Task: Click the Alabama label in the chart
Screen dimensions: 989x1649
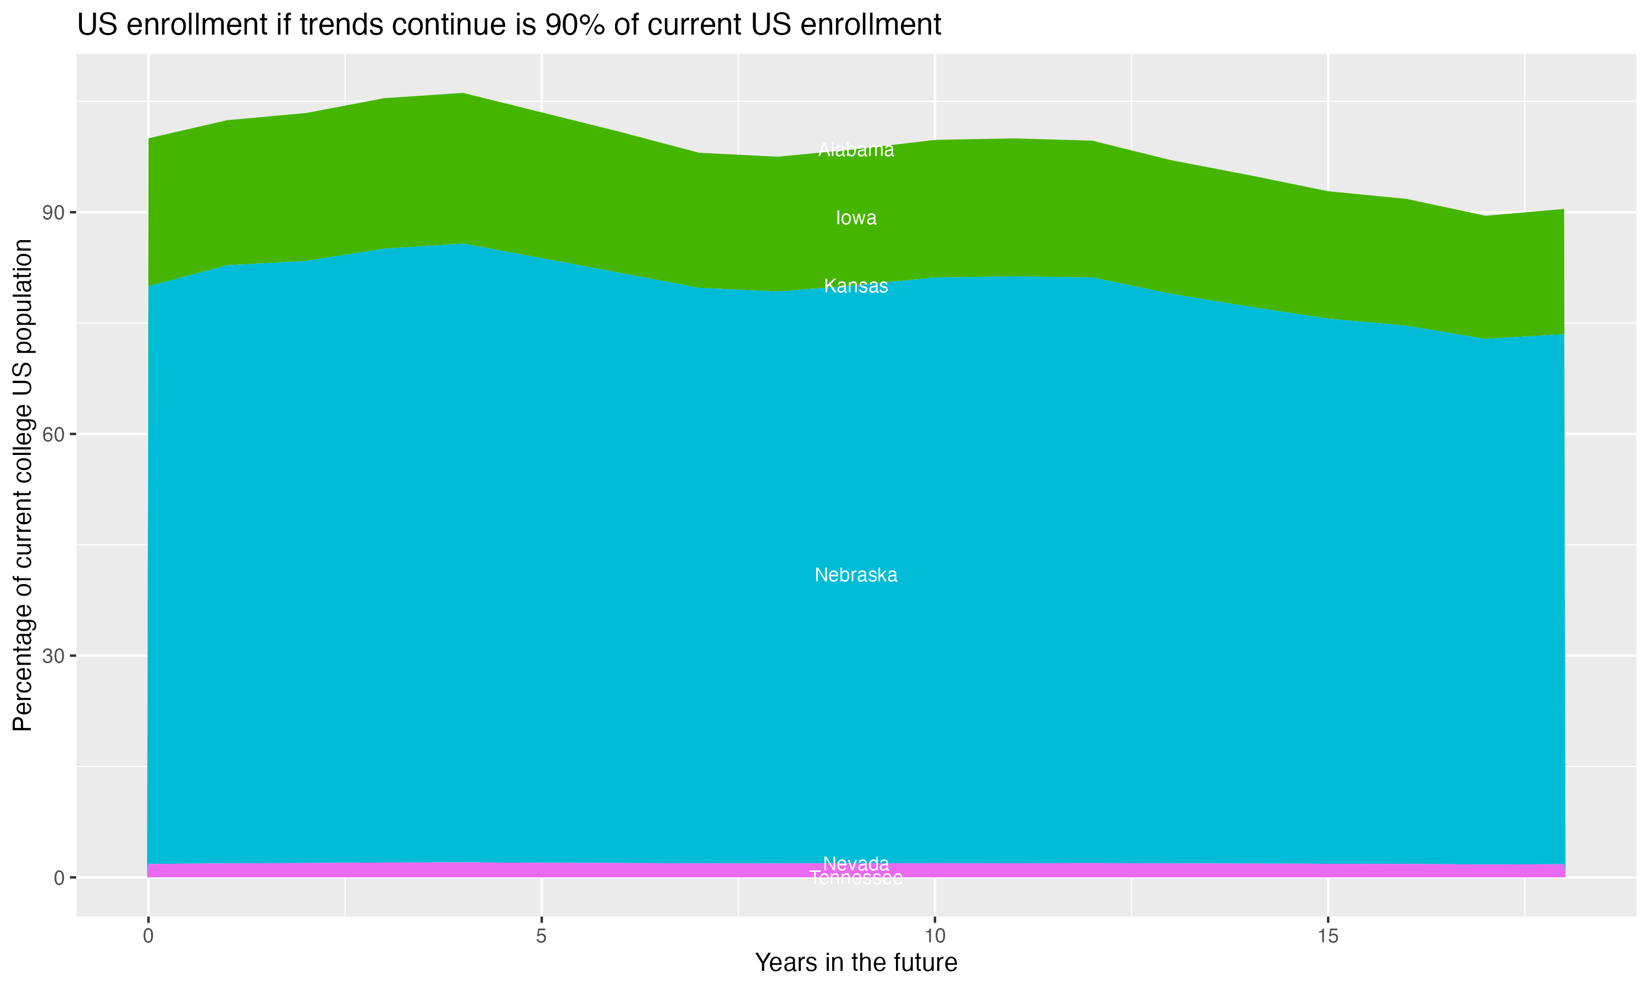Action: tap(856, 150)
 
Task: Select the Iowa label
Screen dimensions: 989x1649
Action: tap(856, 218)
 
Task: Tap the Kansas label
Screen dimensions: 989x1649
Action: tap(856, 286)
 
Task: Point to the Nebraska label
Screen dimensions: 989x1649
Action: tap(856, 575)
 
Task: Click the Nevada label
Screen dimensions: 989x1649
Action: tap(856, 863)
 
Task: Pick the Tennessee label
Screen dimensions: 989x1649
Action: tap(856, 879)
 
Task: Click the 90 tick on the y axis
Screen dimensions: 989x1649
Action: tap(54, 213)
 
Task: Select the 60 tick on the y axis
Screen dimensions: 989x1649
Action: tap(54, 435)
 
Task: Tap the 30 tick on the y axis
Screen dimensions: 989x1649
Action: tap(54, 656)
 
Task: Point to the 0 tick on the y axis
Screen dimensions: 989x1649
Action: tap(59, 877)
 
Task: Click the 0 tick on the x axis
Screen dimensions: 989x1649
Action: tap(148, 936)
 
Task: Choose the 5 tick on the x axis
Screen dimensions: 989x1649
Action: tap(541, 936)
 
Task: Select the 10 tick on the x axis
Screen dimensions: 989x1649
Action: tap(935, 936)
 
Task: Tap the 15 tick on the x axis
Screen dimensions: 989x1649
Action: tap(1328, 936)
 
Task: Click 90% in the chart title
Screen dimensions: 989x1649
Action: tap(573, 25)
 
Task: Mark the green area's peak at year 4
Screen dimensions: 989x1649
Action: tap(463, 94)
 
